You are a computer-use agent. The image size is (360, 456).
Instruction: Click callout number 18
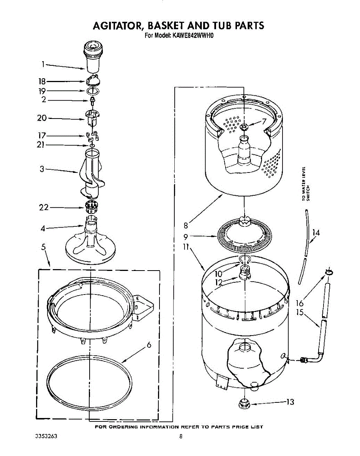pos(41,81)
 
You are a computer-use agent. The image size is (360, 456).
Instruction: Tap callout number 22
pos(44,207)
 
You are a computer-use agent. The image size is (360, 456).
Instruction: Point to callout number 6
pos(149,345)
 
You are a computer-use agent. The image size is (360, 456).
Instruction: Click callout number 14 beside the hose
pos(316,233)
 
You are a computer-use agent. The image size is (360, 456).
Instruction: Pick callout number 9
pos(186,236)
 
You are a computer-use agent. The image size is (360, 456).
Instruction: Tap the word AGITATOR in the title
pos(117,26)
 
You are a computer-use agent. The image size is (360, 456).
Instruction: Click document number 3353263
pos(44,436)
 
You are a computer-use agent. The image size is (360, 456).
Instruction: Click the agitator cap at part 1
pos(93,57)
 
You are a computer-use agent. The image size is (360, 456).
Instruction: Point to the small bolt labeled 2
pos(92,101)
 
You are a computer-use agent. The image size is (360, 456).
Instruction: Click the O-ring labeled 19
pos(93,91)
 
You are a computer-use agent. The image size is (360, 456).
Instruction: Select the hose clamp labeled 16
pos(328,272)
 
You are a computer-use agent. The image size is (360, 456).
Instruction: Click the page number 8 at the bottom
pos(181,437)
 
